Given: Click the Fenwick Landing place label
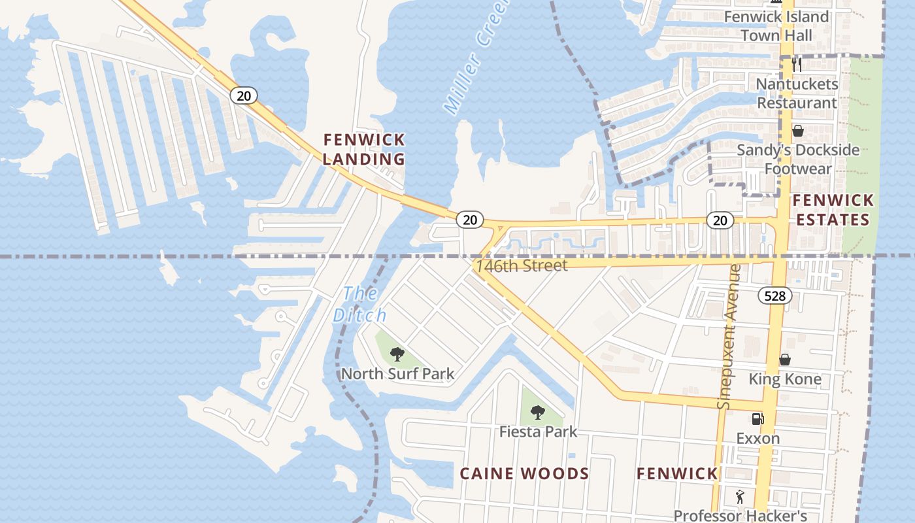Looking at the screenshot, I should [364, 149].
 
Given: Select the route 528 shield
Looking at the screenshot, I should [774, 296].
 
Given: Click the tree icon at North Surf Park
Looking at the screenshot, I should [397, 355].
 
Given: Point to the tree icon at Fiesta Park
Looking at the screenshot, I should [538, 413].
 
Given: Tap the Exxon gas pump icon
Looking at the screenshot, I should [757, 418].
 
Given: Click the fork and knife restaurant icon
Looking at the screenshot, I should [797, 64].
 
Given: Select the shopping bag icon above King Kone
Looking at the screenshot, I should [785, 360].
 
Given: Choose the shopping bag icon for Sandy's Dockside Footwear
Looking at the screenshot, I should [797, 131].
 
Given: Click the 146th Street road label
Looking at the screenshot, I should [522, 265].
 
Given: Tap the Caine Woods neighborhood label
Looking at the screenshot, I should [524, 473].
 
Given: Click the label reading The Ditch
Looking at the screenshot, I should [359, 304].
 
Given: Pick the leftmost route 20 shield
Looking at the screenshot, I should [243, 96].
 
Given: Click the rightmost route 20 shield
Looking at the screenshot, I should [720, 220].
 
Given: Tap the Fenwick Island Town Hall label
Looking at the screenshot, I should [776, 25].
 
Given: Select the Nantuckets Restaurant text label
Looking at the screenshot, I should [797, 93].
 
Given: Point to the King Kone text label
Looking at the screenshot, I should [785, 379].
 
